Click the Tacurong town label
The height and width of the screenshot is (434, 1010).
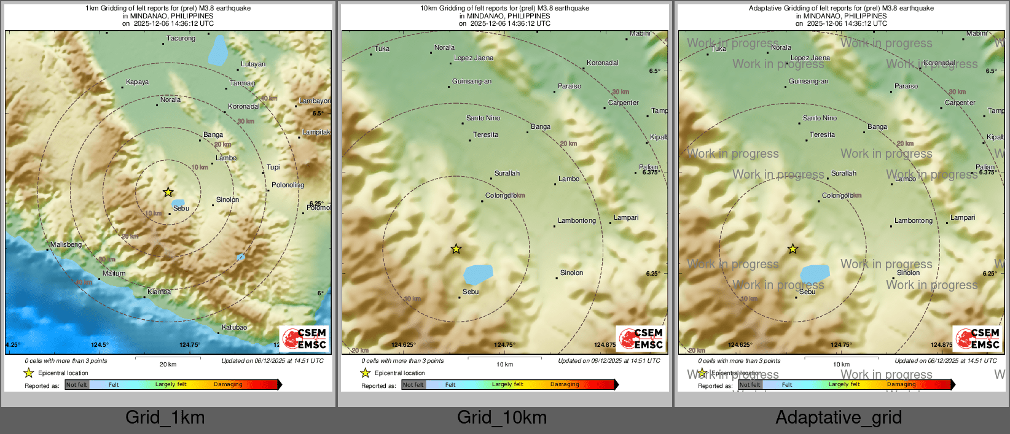181,38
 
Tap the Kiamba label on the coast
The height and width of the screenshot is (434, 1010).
159,292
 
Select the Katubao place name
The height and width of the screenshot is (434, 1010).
234,327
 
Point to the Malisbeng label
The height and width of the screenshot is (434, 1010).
66,244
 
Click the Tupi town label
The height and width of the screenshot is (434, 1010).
273,167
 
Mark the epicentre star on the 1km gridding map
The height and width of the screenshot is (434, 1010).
168,192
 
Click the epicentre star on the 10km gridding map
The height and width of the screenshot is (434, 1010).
456,249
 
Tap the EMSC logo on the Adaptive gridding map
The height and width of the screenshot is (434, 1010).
978,338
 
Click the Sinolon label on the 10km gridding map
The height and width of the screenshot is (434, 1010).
571,273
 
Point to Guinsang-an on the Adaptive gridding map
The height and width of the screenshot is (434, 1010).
808,81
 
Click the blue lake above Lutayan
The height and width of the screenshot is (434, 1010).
217,50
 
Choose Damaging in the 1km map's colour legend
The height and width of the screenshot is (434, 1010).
228,384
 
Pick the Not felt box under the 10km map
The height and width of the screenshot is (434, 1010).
413,385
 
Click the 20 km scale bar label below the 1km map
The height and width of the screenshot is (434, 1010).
168,364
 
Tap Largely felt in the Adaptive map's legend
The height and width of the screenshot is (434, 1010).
844,384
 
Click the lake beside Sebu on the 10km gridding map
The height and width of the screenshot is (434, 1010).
479,274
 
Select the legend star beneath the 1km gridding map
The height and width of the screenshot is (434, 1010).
28,373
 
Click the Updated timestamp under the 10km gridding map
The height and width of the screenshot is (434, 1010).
609,361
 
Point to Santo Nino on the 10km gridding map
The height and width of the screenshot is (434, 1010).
483,118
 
